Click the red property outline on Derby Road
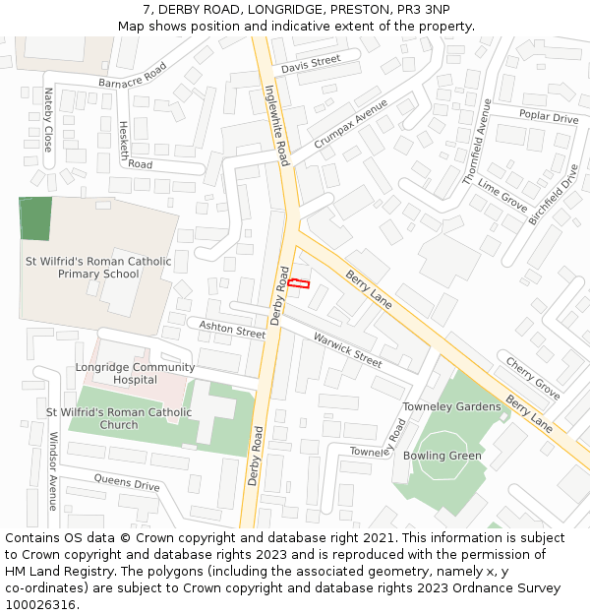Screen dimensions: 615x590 pos(298,283)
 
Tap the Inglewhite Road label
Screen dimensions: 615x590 pos(277,124)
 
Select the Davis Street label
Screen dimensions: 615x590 pos(310,65)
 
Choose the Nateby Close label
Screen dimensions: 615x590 pos(47,119)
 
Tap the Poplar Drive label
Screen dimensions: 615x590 pos(549,117)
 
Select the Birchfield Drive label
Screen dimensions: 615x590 pos(554,193)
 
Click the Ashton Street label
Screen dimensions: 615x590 pos(232,329)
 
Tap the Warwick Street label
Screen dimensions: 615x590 pos(347,350)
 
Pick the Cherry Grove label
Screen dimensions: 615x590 pos(533,378)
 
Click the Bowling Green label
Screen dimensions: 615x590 pos(442,456)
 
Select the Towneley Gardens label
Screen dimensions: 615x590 pos(451,406)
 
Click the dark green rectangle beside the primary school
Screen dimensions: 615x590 pos(35,218)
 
